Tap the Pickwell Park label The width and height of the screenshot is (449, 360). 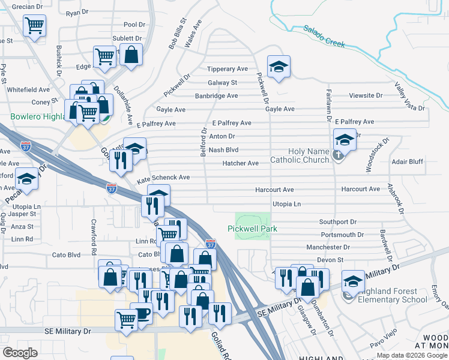(252, 229)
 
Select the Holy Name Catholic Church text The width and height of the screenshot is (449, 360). (300, 155)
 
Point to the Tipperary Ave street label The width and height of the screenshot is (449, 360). (228, 69)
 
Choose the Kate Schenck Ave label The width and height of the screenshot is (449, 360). (163, 178)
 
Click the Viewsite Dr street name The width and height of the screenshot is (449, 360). (366, 95)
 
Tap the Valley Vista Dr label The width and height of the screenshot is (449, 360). (410, 98)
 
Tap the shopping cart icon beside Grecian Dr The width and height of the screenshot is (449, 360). (35, 26)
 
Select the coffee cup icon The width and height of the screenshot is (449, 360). (141, 313)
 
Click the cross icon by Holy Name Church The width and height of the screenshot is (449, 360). (339, 155)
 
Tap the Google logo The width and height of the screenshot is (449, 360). (20, 353)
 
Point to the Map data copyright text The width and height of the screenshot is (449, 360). (412, 355)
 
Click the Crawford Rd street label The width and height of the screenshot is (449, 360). (94, 233)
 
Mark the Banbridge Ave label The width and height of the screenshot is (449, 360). (216, 96)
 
